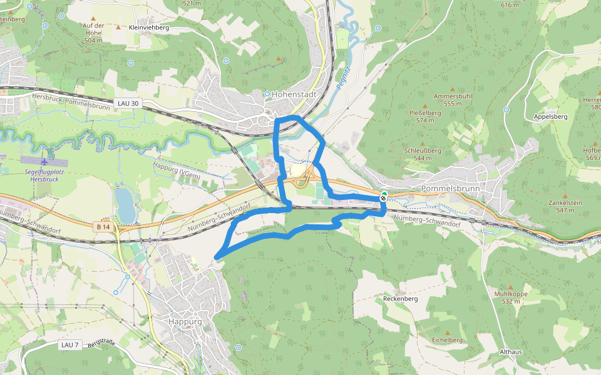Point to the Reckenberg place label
400,299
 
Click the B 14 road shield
104,227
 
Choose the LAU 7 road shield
70,345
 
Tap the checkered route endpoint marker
383,197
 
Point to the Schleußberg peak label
423,151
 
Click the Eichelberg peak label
447,339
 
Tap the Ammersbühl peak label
457,96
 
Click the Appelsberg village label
550,117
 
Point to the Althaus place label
511,352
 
